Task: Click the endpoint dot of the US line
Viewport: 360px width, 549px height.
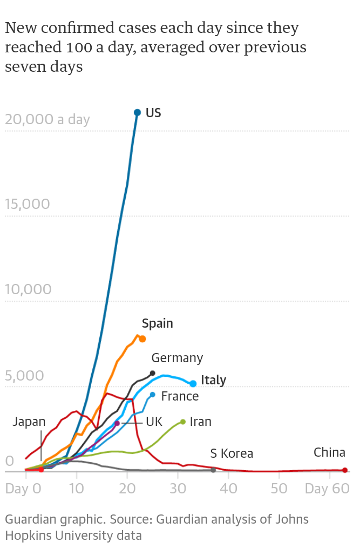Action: tap(137, 112)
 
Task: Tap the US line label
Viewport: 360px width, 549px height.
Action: tap(153, 113)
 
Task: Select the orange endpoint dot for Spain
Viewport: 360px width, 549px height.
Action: tap(142, 339)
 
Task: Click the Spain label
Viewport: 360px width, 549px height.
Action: tap(157, 323)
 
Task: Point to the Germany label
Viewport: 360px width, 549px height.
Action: tap(177, 358)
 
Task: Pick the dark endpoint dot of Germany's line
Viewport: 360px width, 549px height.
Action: tap(153, 373)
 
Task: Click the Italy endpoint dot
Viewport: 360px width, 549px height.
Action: tap(193, 383)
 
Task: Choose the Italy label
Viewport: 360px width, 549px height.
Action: tap(213, 380)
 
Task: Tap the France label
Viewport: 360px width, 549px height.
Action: tap(180, 396)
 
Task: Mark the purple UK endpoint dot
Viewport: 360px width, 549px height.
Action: tap(117, 423)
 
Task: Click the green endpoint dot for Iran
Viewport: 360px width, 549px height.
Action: tap(183, 422)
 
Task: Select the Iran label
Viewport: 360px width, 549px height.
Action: tap(200, 422)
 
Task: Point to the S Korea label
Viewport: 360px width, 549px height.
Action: tap(232, 453)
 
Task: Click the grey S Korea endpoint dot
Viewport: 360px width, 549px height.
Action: tap(213, 470)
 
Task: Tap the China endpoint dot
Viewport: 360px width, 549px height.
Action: tap(345, 470)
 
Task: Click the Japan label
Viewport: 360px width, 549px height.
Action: tap(29, 422)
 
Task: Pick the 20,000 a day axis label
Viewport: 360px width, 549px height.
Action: tap(47, 119)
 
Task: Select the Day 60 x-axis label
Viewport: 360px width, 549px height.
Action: tap(327, 489)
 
